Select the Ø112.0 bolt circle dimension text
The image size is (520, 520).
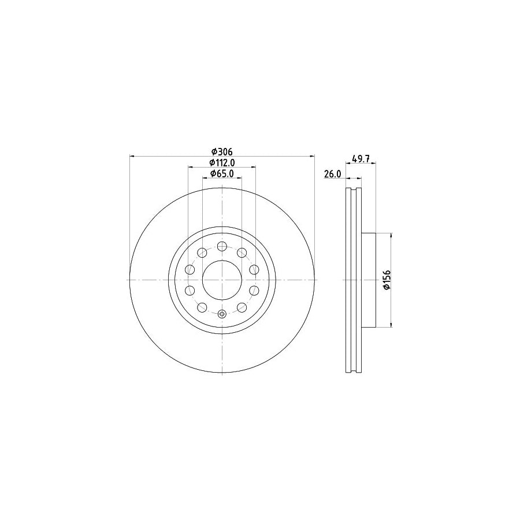click(x=221, y=162)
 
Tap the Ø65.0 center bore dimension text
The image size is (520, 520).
click(x=221, y=173)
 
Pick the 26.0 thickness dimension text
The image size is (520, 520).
click(x=333, y=173)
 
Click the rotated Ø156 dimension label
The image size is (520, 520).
click(x=387, y=280)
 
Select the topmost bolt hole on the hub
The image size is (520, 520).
click(x=222, y=246)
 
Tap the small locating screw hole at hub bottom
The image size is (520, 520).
click(x=222, y=314)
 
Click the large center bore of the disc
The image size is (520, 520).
click(x=222, y=280)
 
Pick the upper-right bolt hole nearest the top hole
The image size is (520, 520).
click(x=242, y=252)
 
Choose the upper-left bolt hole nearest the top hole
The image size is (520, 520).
click(x=202, y=252)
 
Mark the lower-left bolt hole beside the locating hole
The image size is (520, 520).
click(x=202, y=307)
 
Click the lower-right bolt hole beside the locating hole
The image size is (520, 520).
click(x=242, y=307)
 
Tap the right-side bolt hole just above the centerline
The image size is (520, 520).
click(x=254, y=269)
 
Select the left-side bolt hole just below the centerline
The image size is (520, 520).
click(x=190, y=291)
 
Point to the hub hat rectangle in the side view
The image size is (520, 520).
click(x=369, y=280)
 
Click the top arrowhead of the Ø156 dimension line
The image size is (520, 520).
click(x=392, y=236)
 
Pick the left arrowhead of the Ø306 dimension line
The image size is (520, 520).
click(x=133, y=155)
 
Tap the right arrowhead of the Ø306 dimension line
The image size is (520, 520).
click(x=312, y=155)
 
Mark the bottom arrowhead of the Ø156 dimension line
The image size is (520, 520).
click(x=392, y=323)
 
